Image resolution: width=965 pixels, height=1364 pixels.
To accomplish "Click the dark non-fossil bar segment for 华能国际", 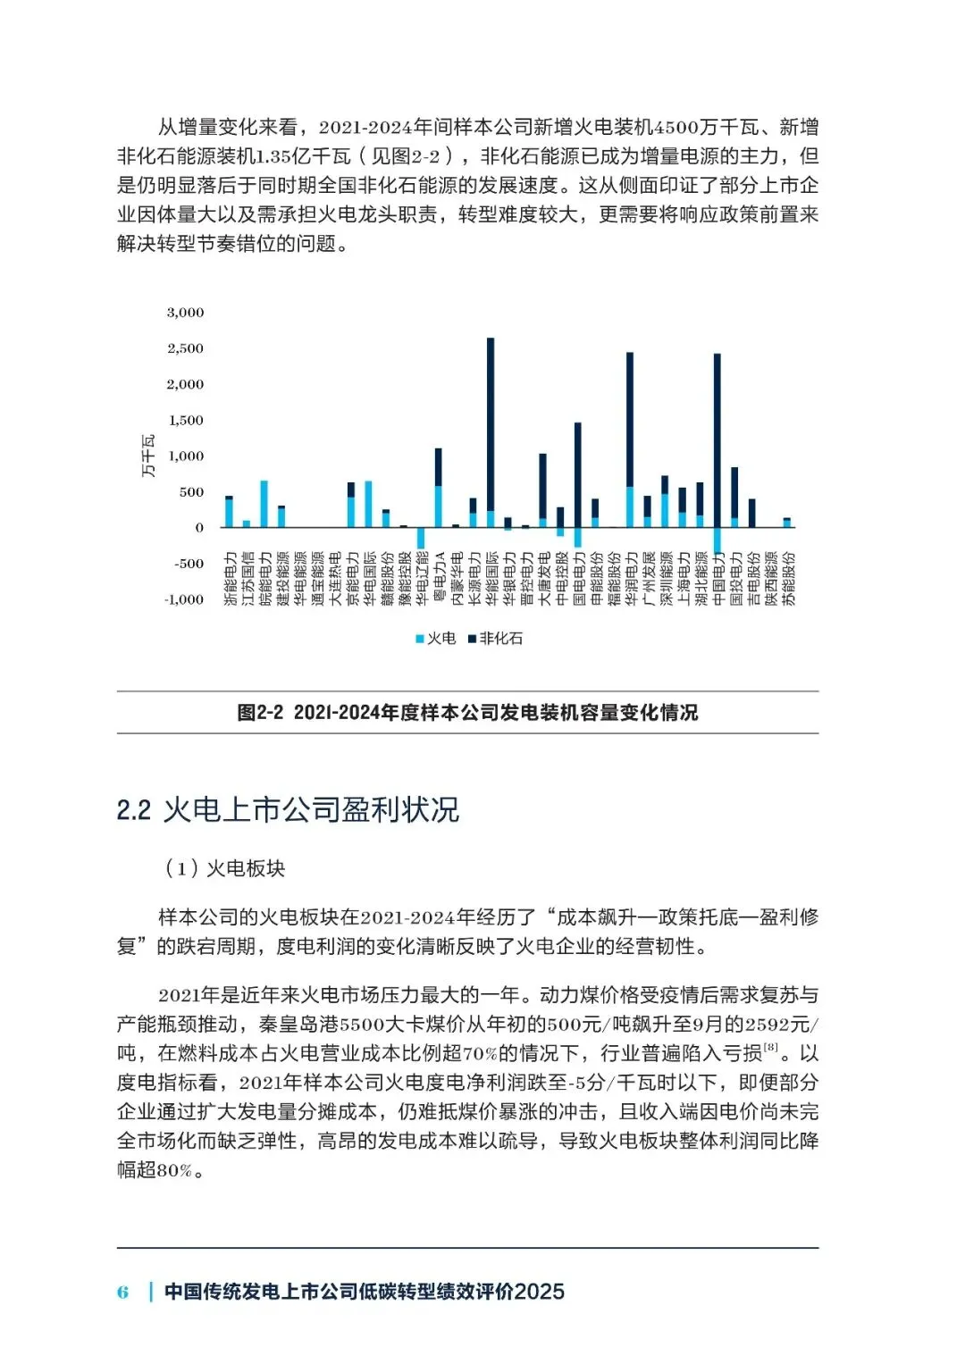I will pos(491,424).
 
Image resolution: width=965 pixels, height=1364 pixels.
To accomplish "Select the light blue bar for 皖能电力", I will pos(264,504).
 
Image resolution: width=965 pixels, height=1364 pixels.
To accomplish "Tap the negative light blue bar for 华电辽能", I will pos(421,538).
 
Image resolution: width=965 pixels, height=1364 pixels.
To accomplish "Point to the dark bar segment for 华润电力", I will pos(630,420).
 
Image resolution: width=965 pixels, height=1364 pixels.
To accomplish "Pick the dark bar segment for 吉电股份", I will pos(752,513).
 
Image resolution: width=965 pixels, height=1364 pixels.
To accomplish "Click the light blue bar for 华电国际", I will pos(368,504).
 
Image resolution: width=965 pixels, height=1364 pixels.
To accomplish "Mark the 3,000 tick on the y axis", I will pos(185,313).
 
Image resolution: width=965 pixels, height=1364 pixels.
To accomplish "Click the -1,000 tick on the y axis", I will pos(184,599).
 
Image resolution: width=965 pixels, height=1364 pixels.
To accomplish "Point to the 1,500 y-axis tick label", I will pos(185,420).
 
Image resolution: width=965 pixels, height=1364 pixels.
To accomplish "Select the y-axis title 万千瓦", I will pos(148,456).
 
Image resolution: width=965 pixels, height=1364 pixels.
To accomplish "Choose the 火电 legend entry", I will pos(435,639).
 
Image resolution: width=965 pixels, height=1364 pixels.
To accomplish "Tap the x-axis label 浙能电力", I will pos(230,579).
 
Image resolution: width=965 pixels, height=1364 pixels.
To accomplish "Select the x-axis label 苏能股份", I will pos(787,579).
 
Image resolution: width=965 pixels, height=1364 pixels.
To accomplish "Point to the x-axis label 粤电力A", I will pos(439,579).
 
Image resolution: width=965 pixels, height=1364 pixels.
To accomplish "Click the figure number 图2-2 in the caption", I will pos(260,713).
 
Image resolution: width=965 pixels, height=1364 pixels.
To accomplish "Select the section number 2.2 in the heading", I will pos(133,810).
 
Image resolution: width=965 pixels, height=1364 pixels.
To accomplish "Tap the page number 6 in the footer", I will pos(122,1292).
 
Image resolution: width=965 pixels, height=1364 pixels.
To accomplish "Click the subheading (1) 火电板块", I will pos(224,868).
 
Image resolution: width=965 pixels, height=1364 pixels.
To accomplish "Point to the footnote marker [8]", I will pos(770,1047).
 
